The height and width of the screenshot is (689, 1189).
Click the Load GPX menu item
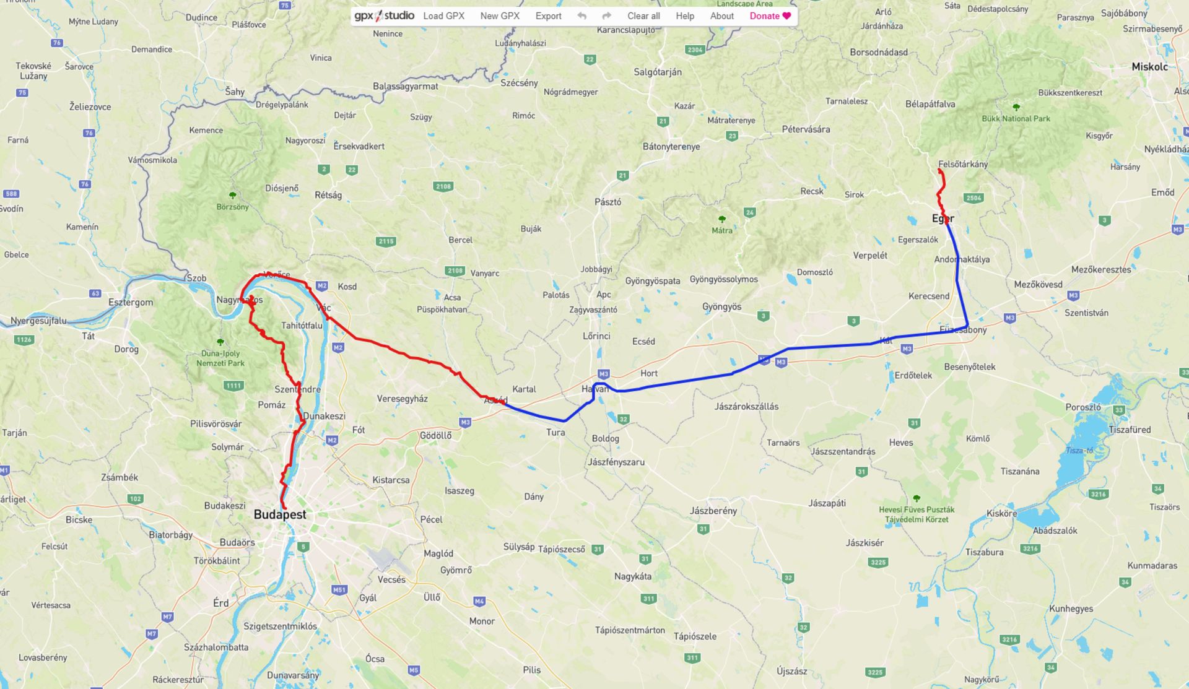coord(443,16)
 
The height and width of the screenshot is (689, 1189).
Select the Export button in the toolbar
coord(548,16)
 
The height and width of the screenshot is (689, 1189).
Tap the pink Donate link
coord(770,16)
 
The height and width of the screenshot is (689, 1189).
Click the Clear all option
coord(643,16)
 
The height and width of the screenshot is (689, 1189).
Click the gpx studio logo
coord(384,16)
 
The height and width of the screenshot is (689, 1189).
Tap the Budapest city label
coord(280,515)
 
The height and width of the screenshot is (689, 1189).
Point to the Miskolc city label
coord(1149,67)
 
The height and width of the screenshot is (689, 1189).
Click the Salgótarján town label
coord(658,72)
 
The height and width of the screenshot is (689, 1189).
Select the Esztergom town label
coord(131,303)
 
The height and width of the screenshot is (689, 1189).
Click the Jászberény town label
coord(713,511)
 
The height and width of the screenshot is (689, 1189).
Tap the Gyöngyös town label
coord(721,307)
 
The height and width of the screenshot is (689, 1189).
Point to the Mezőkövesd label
coord(1038,285)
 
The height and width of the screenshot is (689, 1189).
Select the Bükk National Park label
coord(1016,119)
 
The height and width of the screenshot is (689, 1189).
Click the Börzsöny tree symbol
coord(233,196)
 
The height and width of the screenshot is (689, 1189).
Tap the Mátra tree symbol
coord(721,219)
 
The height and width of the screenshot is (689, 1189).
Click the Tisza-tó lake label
coord(1079,451)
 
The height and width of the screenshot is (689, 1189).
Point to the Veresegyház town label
coord(402,399)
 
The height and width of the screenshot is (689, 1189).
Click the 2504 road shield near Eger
coord(973,198)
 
